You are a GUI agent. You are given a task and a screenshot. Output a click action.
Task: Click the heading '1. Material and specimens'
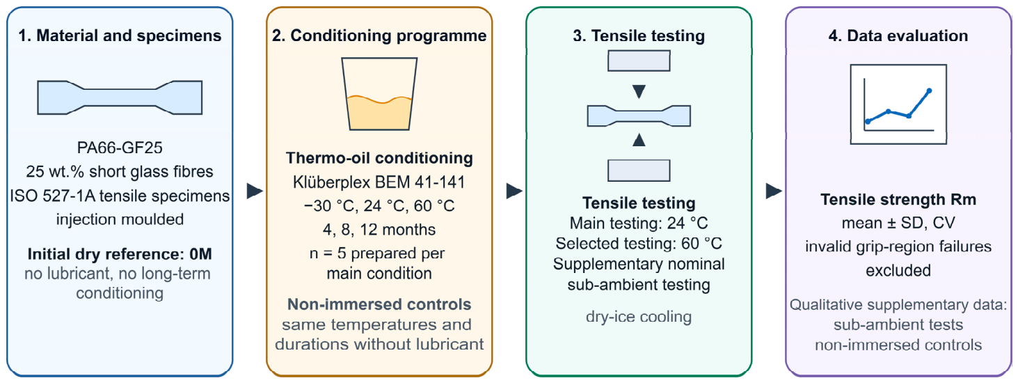(x=120, y=36)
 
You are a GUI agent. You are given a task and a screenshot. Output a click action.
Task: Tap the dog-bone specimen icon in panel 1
(x=120, y=97)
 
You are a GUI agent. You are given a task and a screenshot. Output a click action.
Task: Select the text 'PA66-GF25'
(x=120, y=148)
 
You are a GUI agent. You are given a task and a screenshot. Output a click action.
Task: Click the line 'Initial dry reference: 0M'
(x=120, y=253)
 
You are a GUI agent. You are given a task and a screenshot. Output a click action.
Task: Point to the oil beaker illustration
(x=379, y=94)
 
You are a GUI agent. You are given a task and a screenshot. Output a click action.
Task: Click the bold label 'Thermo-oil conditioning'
(x=379, y=158)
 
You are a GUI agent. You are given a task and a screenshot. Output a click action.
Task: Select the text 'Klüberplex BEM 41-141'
(x=379, y=182)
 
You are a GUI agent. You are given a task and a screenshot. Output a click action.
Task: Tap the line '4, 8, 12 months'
(x=379, y=229)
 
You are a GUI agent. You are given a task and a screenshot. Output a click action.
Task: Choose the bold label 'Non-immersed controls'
(x=379, y=304)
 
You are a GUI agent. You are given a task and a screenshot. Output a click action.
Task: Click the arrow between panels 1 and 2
(x=255, y=191)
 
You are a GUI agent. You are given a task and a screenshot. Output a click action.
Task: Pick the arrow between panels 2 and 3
(x=514, y=191)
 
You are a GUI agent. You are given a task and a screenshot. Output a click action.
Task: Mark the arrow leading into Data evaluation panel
(x=774, y=191)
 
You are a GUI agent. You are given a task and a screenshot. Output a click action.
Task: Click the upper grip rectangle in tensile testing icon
(x=639, y=61)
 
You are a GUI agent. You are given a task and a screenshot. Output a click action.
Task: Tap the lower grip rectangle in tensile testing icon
(x=639, y=171)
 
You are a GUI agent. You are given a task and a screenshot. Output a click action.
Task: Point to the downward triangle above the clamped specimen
(x=639, y=91)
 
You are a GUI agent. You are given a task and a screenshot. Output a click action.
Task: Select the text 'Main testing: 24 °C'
(x=639, y=223)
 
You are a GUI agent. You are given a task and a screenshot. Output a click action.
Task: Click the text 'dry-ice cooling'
(x=639, y=316)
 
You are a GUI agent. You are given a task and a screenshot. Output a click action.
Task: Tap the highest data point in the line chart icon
(x=929, y=91)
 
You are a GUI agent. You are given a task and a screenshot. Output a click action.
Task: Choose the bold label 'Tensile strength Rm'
(x=898, y=199)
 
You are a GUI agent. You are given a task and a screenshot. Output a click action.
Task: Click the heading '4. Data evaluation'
(x=898, y=36)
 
